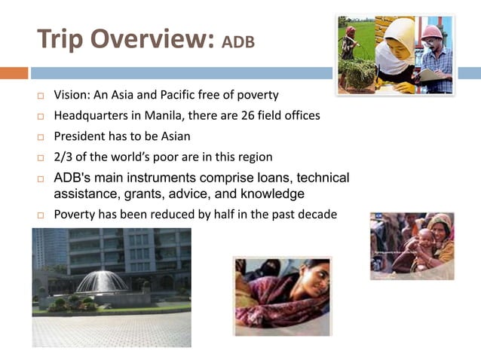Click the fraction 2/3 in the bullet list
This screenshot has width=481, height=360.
point(63,157)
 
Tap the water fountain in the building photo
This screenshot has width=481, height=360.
point(102,282)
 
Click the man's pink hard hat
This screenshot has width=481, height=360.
point(432,32)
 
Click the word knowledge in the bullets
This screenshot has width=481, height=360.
point(266,194)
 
